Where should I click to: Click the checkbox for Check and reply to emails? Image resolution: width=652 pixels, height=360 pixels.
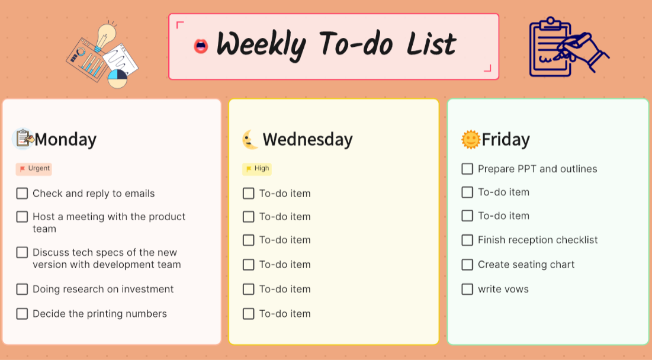click(22, 194)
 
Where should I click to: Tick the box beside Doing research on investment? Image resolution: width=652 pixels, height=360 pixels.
click(22, 290)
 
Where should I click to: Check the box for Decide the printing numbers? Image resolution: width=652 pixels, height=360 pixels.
click(22, 314)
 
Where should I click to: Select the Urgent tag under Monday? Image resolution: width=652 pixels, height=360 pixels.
click(34, 169)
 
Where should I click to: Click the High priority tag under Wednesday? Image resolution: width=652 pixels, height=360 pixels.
click(257, 169)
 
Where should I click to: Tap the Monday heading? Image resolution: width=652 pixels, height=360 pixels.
click(65, 140)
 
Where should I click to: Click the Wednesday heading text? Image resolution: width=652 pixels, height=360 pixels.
click(307, 140)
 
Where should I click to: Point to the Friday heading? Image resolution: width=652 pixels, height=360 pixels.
click(505, 140)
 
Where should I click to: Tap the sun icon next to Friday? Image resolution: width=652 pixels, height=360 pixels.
click(470, 140)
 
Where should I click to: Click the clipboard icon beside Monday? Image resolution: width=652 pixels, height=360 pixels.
click(24, 139)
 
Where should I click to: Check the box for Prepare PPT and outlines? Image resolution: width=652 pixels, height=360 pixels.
click(467, 169)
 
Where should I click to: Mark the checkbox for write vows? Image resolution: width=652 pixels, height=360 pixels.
click(467, 290)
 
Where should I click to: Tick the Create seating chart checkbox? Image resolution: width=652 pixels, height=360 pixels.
click(467, 265)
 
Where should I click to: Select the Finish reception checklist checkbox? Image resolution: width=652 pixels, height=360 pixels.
click(467, 240)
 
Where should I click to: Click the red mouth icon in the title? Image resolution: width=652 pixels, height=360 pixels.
click(201, 46)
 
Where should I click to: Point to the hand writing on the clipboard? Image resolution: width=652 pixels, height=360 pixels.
click(583, 50)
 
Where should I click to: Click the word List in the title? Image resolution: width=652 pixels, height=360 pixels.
click(431, 44)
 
